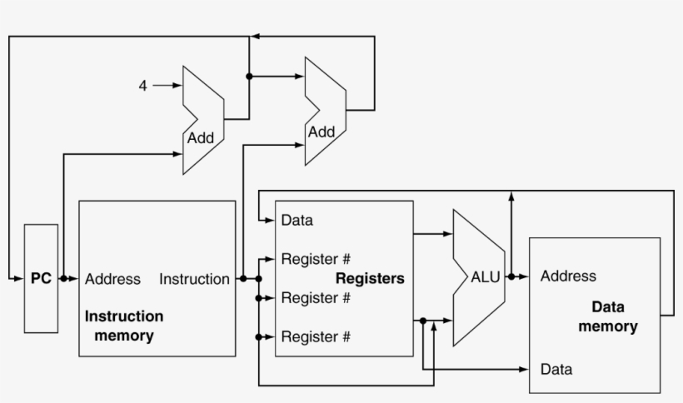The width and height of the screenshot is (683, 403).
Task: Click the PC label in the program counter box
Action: click(x=41, y=279)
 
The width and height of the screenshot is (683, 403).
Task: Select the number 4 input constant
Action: click(x=142, y=85)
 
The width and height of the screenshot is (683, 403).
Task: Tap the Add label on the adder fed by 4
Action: click(x=201, y=138)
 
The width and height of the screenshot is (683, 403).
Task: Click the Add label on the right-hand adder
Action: click(x=322, y=132)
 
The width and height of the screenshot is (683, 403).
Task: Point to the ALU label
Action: click(x=486, y=277)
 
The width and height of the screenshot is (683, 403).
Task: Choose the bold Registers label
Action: click(x=370, y=278)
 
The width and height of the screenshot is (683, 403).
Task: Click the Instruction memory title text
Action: click(x=124, y=326)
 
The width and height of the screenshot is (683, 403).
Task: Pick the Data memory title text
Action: click(x=608, y=316)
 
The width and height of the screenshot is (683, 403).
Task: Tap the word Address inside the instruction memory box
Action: click(x=112, y=279)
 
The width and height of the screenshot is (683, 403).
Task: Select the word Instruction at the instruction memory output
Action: click(x=194, y=279)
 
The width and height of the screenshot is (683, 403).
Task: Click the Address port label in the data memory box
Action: click(x=568, y=276)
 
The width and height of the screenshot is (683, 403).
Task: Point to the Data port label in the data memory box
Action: click(x=556, y=369)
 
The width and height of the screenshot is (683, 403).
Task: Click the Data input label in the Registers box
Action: click(x=297, y=221)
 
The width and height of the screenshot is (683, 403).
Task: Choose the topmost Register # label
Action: click(x=316, y=258)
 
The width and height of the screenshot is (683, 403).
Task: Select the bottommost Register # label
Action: click(x=316, y=336)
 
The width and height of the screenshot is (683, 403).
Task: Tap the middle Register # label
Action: click(x=316, y=297)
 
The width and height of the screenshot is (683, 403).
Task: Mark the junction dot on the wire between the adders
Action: click(x=249, y=76)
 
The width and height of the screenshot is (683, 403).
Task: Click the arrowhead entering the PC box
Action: click(x=19, y=278)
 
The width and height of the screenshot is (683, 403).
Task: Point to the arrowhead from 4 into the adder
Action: click(x=177, y=85)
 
